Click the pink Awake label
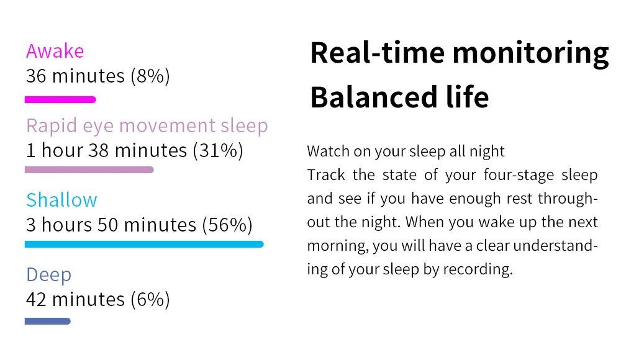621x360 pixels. (x=55, y=51)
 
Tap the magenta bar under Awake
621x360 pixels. (x=60, y=99)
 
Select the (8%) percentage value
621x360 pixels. (x=150, y=76)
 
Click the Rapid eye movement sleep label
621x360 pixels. (x=147, y=127)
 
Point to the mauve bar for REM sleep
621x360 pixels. (x=89, y=170)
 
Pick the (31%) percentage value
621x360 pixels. (x=218, y=150)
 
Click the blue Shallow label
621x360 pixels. (x=61, y=200)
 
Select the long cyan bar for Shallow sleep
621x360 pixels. (x=144, y=245)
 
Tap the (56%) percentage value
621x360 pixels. (x=227, y=225)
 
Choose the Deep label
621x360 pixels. (x=48, y=275)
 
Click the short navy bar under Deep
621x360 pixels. (x=48, y=321)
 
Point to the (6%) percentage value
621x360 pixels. (x=150, y=299)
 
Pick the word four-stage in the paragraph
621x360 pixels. (x=519, y=175)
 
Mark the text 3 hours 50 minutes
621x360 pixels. (x=111, y=225)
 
